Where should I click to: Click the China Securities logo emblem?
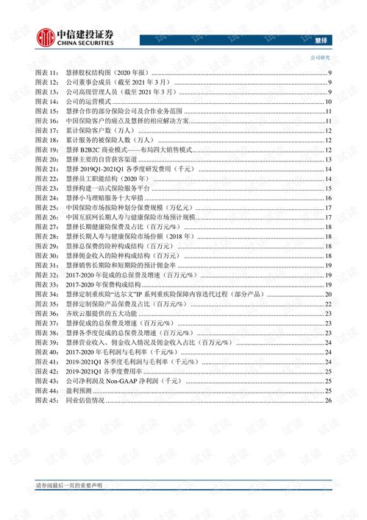click(x=45, y=37)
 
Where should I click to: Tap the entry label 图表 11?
click(x=46, y=73)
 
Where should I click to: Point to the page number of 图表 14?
click(x=329, y=101)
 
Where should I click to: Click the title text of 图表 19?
click(x=129, y=150)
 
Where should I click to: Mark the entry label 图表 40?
click(x=46, y=353)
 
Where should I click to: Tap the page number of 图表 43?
click(x=329, y=382)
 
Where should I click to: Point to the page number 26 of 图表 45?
click(x=329, y=401)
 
